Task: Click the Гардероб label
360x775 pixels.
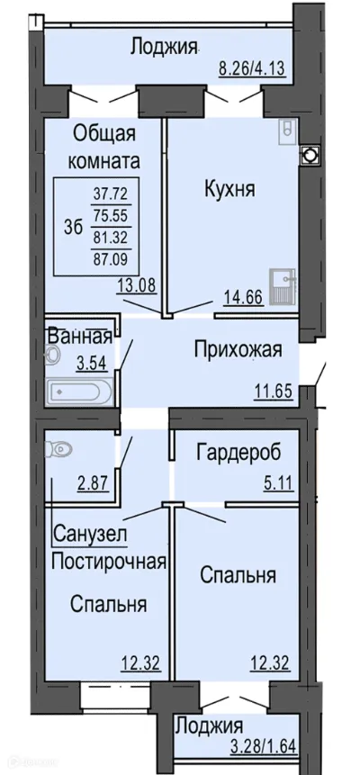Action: pos(239,451)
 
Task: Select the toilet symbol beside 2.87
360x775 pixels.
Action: pos(60,446)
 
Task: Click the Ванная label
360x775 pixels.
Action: pos(79,338)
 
